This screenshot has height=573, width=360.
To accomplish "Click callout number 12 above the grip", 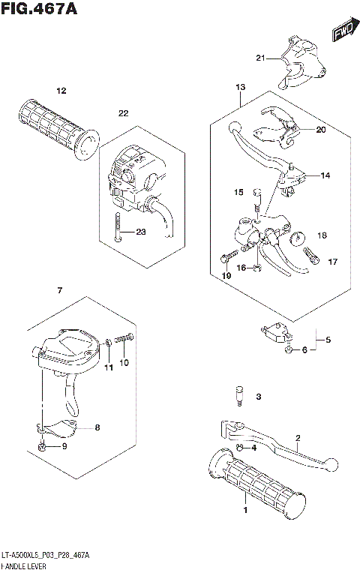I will click(61, 91).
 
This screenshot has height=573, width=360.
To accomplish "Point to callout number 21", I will click(259, 58).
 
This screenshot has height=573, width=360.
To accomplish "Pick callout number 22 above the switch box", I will click(123, 113).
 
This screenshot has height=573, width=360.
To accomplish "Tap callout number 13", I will click(240, 88).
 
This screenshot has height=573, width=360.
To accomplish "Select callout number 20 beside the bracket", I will click(320, 129).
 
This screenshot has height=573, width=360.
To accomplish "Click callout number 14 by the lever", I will click(325, 175).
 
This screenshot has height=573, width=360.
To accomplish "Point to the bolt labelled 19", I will click(226, 259).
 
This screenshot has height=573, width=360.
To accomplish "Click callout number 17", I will click(333, 262).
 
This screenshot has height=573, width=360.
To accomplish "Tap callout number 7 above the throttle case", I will click(59, 290).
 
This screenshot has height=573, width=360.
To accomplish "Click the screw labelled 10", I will click(126, 340).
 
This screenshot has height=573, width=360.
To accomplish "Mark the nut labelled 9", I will click(43, 448).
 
